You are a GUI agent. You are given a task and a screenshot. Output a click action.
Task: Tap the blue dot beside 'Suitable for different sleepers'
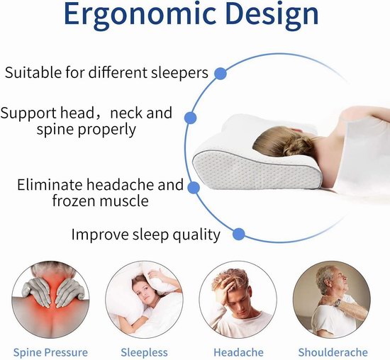pos(221,74)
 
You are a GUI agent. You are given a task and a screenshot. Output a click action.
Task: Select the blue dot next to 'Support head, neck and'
pos(191,118)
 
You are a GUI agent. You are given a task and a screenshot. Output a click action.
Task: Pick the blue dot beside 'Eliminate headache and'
pos(194,188)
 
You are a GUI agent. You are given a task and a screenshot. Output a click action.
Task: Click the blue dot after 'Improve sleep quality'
pos(239,234)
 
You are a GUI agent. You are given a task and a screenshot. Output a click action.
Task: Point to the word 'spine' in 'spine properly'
pos(55,130)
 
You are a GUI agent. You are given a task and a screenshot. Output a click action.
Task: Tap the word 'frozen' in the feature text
pos(73,201)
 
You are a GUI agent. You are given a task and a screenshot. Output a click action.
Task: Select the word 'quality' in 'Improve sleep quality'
pos(196,235)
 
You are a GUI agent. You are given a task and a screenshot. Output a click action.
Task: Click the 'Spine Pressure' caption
pos(50,352)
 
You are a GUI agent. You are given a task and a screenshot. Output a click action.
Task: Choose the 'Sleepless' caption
pos(144,352)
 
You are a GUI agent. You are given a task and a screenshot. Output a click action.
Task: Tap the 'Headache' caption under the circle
pos(238,352)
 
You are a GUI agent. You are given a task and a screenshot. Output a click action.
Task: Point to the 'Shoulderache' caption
pos(333,352)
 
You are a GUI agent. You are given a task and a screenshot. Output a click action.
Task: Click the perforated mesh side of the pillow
pos(254,171)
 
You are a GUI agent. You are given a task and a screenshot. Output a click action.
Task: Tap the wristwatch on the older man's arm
pos(338,303)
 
